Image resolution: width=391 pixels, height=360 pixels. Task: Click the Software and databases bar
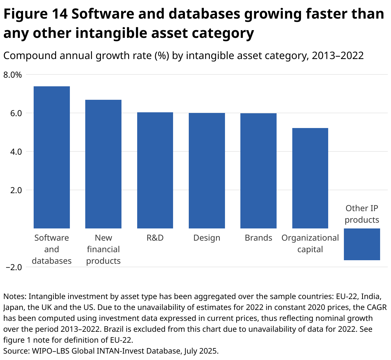52,157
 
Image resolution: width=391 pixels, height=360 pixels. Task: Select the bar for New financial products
103,164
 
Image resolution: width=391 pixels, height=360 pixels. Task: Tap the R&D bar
155,170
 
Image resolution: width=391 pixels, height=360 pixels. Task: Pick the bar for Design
207,171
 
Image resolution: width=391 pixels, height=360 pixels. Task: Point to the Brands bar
258,171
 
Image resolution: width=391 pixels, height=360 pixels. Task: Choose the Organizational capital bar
310,178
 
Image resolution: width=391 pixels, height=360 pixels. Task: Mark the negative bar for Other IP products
362,244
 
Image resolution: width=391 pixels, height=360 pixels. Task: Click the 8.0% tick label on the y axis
12,75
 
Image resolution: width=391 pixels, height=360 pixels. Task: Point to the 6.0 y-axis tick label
15,113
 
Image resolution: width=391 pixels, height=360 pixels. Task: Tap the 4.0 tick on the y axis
15,152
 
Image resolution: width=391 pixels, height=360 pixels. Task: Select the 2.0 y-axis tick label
15,190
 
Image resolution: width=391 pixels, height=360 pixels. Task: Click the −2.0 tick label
13,267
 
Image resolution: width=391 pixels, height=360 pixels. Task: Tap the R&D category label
155,238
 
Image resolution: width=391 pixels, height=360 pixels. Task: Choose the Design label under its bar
207,238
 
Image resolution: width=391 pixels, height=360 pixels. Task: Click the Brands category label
258,238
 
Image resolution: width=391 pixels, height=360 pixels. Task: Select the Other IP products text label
362,214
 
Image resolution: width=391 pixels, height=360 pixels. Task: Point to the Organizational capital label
310,244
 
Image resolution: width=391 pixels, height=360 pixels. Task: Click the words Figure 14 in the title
36,14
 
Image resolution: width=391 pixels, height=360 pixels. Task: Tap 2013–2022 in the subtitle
337,56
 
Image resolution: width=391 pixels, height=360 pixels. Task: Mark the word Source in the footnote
15,351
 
